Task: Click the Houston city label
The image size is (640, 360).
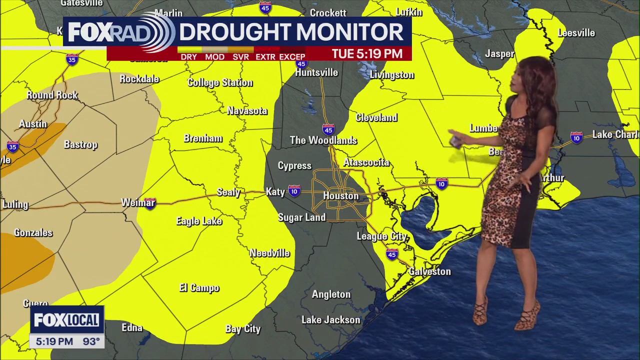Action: coord(340,196)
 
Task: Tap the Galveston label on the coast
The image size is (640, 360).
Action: coord(429,271)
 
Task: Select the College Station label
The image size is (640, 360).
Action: coord(220,82)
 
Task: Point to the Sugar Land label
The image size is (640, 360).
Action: coord(301,217)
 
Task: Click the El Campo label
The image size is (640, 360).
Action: coord(199,288)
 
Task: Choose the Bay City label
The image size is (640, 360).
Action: coord(243,328)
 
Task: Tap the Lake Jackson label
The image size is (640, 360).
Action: coord(330,320)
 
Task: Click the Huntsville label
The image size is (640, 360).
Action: coord(316,73)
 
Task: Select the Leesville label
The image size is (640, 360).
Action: coord(576,33)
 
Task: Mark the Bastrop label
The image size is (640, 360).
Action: coord(80,144)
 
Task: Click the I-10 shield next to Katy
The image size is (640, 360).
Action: coord(294,191)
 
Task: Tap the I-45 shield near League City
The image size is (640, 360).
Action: coord(392,254)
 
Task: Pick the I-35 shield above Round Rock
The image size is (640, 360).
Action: coord(72,59)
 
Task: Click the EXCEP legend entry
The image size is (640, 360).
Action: coord(292,57)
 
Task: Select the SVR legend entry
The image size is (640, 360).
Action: coord(240,57)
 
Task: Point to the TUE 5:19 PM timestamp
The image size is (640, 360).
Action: coord(367,53)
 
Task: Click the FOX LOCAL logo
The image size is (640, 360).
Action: coord(66,320)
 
